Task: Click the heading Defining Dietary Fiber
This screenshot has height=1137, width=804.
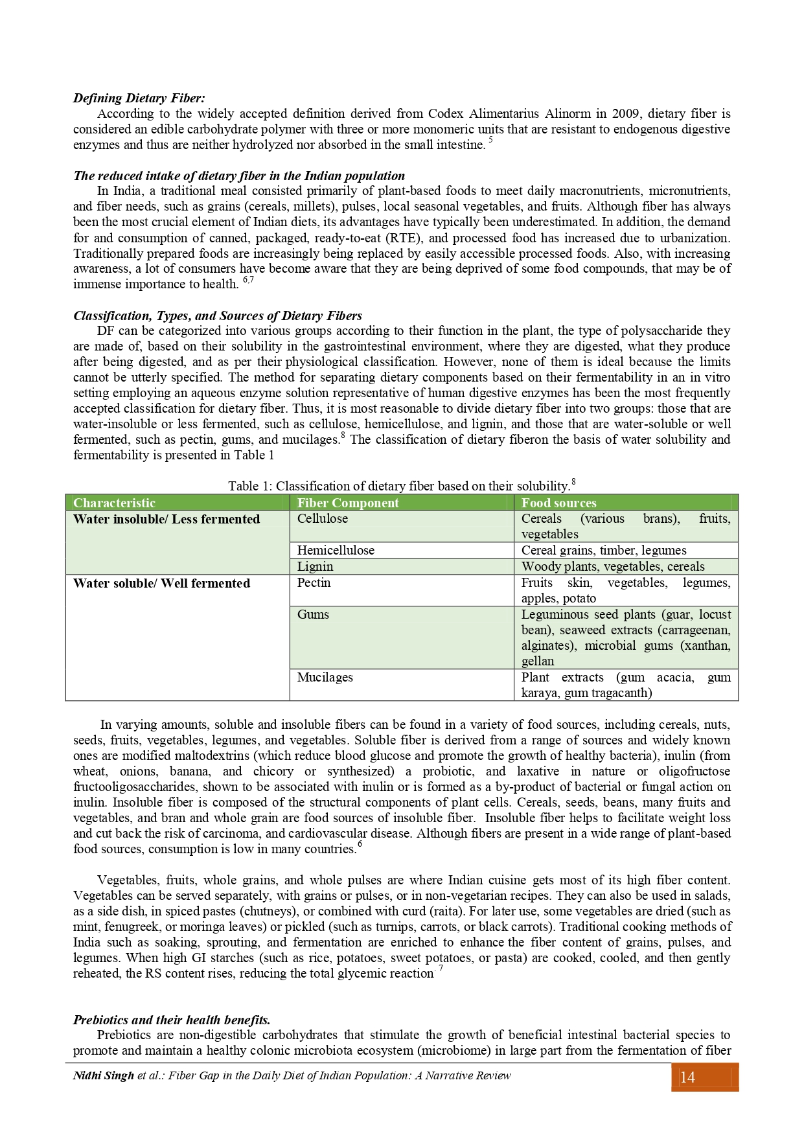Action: click(139, 98)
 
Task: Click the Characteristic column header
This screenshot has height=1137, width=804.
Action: click(114, 503)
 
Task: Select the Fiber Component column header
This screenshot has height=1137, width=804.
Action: click(348, 503)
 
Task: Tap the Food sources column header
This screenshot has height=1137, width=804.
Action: click(558, 503)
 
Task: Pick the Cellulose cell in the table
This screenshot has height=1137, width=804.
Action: click(323, 519)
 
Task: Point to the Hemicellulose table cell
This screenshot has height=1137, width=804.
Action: click(336, 551)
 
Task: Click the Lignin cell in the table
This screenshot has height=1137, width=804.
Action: click(315, 566)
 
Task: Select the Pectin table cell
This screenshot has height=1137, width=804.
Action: click(314, 583)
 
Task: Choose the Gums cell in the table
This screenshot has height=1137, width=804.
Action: click(313, 615)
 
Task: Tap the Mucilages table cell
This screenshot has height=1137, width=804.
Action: click(325, 678)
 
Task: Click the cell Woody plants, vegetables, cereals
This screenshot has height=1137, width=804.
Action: click(613, 566)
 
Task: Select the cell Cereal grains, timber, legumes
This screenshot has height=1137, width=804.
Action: click(604, 551)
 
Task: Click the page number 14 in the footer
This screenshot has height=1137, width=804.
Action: click(687, 1077)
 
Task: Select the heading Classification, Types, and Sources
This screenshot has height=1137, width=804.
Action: click(217, 316)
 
